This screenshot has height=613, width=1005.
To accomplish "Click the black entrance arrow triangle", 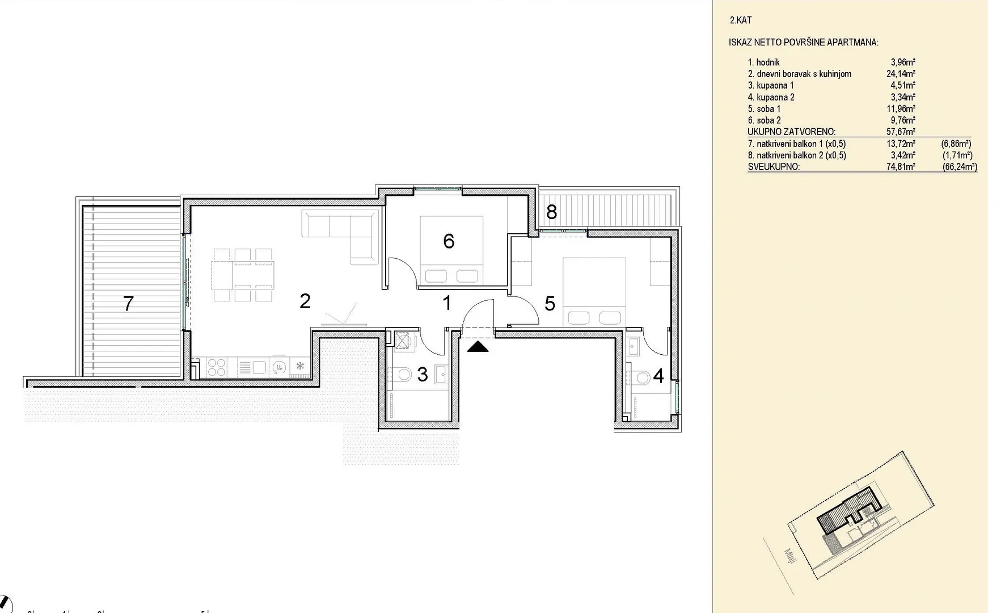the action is [478, 346].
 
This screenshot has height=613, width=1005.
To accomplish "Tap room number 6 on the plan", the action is [449, 241].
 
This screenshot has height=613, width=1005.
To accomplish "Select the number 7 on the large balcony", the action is [129, 304].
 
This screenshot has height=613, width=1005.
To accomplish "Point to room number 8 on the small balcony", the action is [551, 212].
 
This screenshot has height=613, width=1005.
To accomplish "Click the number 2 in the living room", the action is [305, 301].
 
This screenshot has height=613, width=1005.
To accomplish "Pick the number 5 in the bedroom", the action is [550, 304].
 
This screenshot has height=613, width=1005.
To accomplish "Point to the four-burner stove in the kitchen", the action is [216, 367].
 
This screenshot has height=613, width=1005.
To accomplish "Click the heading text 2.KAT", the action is [741, 20].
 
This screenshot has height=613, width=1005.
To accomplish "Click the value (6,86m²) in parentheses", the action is [956, 144].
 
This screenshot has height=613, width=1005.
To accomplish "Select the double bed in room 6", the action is [451, 250].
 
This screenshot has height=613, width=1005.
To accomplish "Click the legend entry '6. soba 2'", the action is [764, 120].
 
